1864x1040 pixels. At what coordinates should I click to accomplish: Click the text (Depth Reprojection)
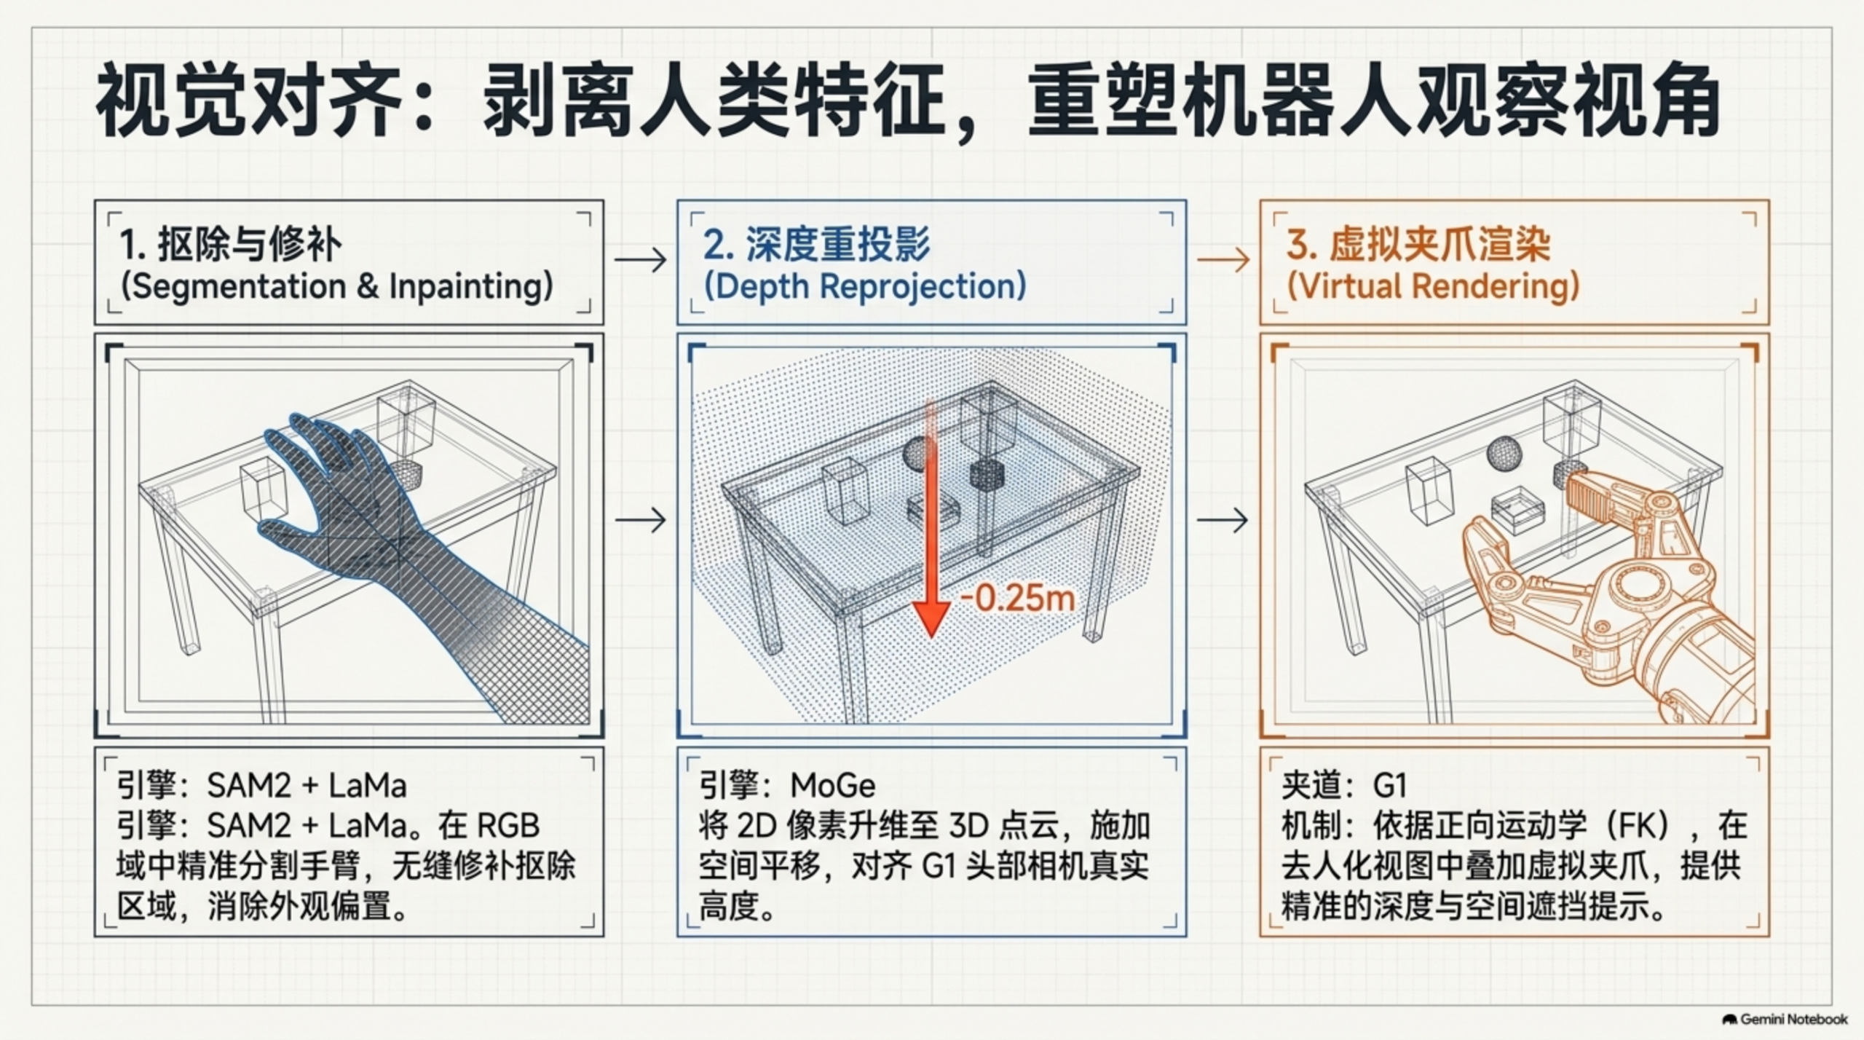click(x=865, y=285)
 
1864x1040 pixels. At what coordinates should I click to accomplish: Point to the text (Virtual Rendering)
click(x=1433, y=285)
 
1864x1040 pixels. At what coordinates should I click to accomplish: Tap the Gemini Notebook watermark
click(x=1785, y=1019)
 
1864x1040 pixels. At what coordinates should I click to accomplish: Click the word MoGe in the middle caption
click(x=833, y=785)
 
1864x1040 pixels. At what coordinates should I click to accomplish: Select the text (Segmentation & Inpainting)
click(x=337, y=285)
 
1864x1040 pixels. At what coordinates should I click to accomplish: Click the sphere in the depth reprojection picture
click(x=919, y=453)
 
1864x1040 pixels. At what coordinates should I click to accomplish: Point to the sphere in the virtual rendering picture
click(x=1504, y=453)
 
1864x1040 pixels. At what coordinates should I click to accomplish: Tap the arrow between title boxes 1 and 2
click(x=641, y=259)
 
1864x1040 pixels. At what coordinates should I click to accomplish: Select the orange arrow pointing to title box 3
click(x=1223, y=259)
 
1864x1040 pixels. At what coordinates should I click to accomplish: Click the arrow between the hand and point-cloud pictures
click(x=641, y=520)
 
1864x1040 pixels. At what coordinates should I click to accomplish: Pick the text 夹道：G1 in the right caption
click(x=1344, y=785)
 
